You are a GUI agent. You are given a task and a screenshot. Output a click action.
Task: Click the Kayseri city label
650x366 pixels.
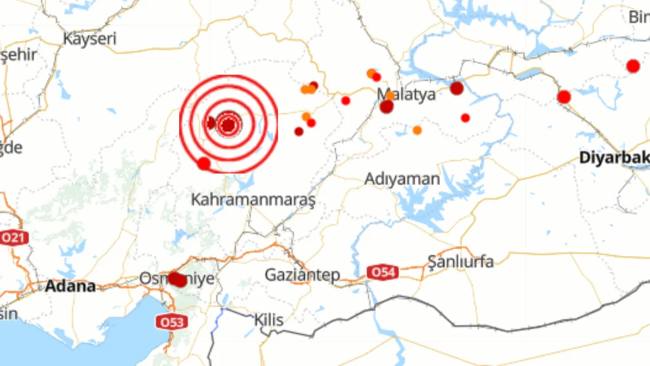(x=89, y=39)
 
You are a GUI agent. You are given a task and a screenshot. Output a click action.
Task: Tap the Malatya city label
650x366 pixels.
(x=406, y=95)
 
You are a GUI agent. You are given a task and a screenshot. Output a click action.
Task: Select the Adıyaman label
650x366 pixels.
(x=402, y=179)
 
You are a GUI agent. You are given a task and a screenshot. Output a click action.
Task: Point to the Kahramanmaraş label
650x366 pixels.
(x=253, y=199)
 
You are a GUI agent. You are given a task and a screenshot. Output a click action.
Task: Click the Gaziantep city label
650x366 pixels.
(x=302, y=275)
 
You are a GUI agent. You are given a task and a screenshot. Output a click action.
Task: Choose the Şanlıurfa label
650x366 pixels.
(x=460, y=261)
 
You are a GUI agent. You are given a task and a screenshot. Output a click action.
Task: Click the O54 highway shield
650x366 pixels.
(x=383, y=272)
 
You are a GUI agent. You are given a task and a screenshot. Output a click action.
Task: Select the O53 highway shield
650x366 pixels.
(x=172, y=322)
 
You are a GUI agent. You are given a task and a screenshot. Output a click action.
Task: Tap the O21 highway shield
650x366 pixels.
(x=14, y=237)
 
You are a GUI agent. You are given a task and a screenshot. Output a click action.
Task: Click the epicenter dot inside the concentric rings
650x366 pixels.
(x=229, y=125)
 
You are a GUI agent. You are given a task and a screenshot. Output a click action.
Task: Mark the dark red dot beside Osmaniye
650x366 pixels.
(x=177, y=279)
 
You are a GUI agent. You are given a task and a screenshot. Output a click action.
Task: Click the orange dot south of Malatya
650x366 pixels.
(x=417, y=130)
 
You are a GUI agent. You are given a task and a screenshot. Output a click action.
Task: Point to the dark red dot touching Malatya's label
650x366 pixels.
(x=386, y=106)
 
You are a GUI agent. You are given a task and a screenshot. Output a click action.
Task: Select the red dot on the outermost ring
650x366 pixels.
(x=204, y=164)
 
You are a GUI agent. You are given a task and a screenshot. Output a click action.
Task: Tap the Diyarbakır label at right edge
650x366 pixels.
(x=614, y=158)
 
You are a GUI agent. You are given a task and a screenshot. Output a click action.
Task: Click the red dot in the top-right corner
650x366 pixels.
(x=633, y=66)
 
